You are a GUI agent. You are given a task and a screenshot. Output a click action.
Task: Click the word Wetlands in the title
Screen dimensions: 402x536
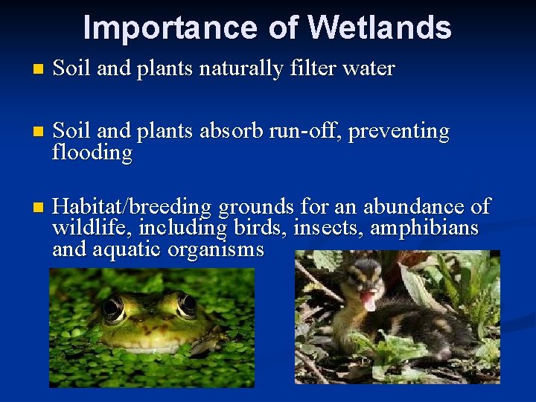pos(379,28)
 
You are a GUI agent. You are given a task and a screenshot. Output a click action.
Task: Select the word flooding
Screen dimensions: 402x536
pos(92,154)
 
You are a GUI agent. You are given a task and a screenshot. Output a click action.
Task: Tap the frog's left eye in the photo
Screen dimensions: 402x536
pos(113,306)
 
